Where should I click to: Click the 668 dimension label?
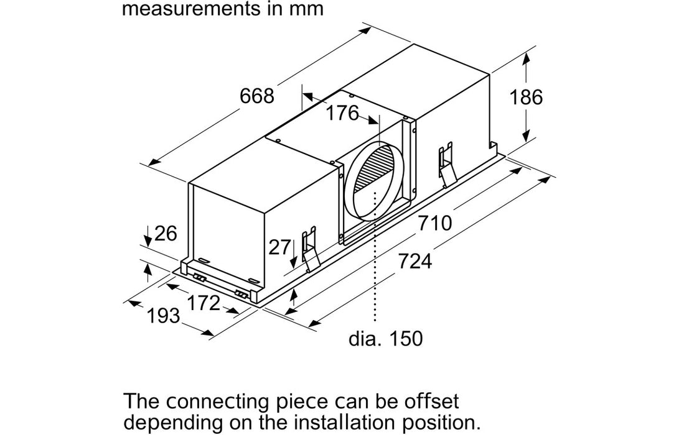tap(256, 96)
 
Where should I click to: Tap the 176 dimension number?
tap(343, 113)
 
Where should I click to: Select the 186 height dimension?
tap(526, 97)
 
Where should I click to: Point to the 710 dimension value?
tap(434, 222)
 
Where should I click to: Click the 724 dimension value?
tap(414, 262)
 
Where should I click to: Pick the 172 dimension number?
tap(204, 303)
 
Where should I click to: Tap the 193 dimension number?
tap(164, 316)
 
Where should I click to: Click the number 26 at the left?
tap(166, 234)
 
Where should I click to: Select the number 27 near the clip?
tap(279, 247)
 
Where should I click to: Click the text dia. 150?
tap(385, 339)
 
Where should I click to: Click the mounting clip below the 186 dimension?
tap(446, 164)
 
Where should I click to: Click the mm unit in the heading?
tap(306, 9)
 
